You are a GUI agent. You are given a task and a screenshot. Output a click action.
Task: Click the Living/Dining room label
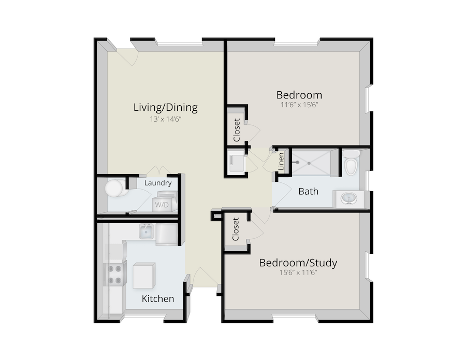[165, 108]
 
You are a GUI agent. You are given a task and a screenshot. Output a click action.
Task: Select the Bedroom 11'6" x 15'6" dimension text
[299, 105]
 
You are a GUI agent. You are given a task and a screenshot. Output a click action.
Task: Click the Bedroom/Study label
[298, 263]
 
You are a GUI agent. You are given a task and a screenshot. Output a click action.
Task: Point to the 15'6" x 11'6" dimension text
[298, 272]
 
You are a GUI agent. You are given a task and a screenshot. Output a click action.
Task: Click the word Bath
[308, 191]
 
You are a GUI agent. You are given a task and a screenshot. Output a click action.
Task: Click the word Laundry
[158, 183]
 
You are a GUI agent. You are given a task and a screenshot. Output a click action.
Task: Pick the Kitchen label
[158, 299]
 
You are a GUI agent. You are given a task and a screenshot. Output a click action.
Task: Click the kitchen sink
[146, 231]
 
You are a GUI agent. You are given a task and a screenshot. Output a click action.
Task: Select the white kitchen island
[144, 275]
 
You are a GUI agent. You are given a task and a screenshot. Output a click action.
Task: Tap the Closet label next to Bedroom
[237, 130]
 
